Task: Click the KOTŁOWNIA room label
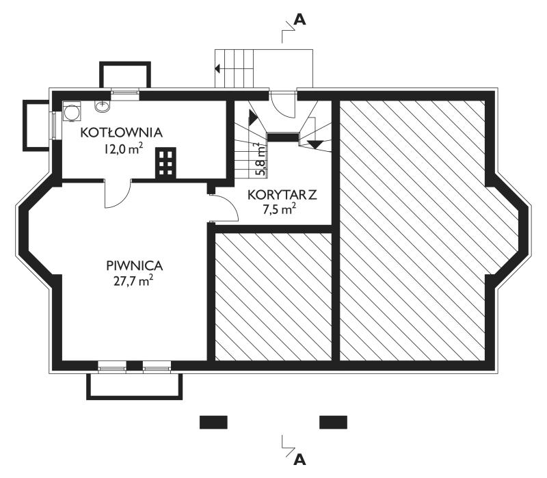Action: pyautogui.click(x=122, y=133)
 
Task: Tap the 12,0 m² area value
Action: pyautogui.click(x=123, y=149)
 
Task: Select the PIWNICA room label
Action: pyautogui.click(x=134, y=266)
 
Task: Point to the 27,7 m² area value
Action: pyautogui.click(x=133, y=281)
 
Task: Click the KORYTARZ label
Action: pyautogui.click(x=282, y=195)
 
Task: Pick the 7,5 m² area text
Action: pyautogui.click(x=280, y=210)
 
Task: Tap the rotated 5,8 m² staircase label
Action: pyautogui.click(x=263, y=159)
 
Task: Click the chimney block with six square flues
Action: pyautogui.click(x=165, y=163)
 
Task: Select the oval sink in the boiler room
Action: pyautogui.click(x=102, y=106)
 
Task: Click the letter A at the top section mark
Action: pyautogui.click(x=299, y=20)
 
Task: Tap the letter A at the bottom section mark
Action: pyautogui.click(x=299, y=460)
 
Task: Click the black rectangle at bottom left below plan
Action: pyautogui.click(x=213, y=422)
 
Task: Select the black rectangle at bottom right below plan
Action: pyautogui.click(x=333, y=422)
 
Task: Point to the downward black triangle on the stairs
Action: pyautogui.click(x=316, y=144)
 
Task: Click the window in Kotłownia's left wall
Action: pyautogui.click(x=54, y=125)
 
